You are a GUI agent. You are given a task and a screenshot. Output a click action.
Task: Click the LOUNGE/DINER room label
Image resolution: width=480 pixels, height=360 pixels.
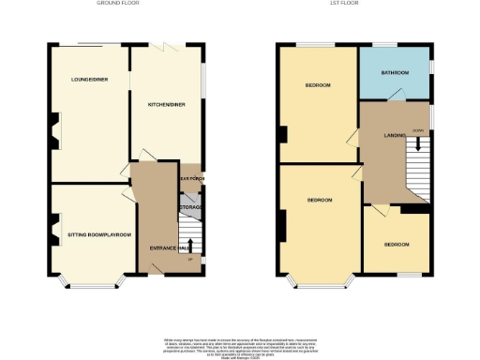88,80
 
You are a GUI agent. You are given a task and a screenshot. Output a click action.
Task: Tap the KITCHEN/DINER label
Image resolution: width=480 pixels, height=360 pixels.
165,104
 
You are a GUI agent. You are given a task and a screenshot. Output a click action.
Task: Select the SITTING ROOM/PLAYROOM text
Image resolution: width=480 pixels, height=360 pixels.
97,233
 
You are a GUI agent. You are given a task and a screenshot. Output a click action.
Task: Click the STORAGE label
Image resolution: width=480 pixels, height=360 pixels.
192,208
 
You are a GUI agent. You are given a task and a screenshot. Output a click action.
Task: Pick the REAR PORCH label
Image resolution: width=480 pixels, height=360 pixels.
192,177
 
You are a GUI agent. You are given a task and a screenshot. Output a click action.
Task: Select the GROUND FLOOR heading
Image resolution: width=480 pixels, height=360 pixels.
117,4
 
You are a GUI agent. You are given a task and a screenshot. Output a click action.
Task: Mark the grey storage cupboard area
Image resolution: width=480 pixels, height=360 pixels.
191,202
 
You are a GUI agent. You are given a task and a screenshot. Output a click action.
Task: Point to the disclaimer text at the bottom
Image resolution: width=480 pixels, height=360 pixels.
240,343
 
